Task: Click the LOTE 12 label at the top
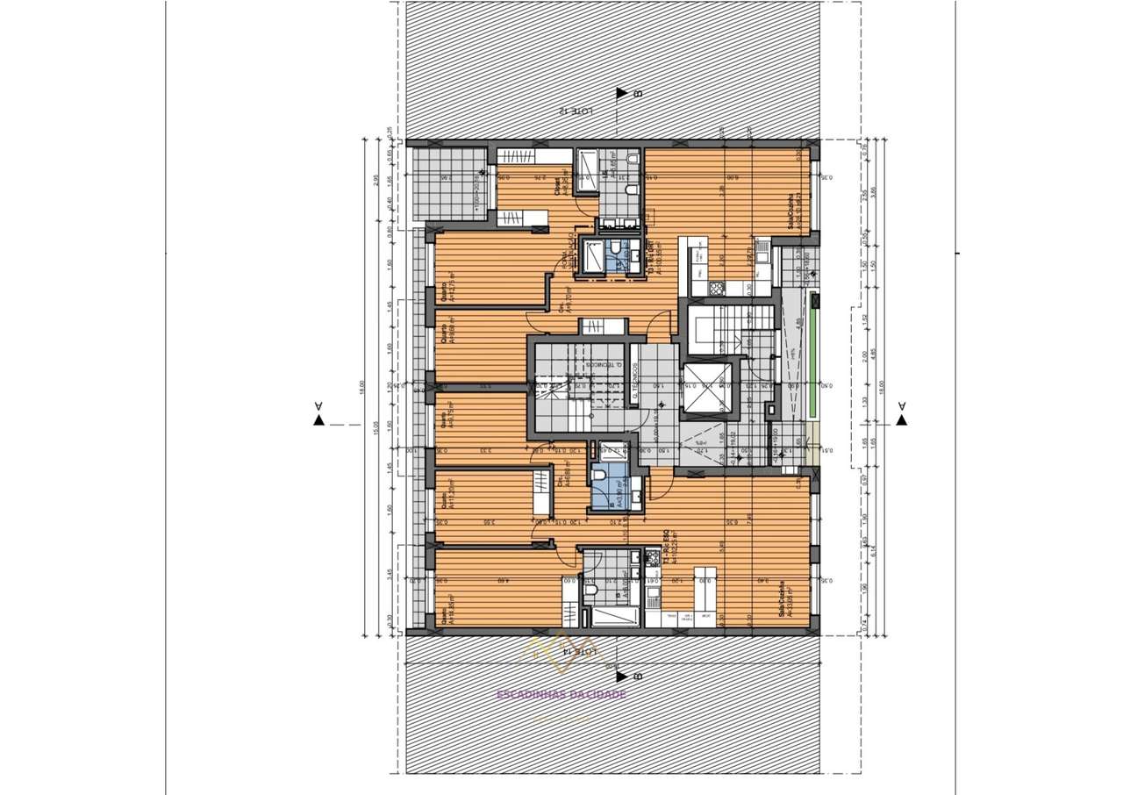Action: (576, 111)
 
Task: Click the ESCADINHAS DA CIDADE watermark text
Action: (561, 694)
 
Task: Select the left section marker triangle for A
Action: (318, 420)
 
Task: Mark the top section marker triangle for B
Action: (622, 93)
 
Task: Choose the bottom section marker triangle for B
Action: (622, 676)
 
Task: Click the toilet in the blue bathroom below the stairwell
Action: (600, 476)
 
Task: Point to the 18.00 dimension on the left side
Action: (361, 387)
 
